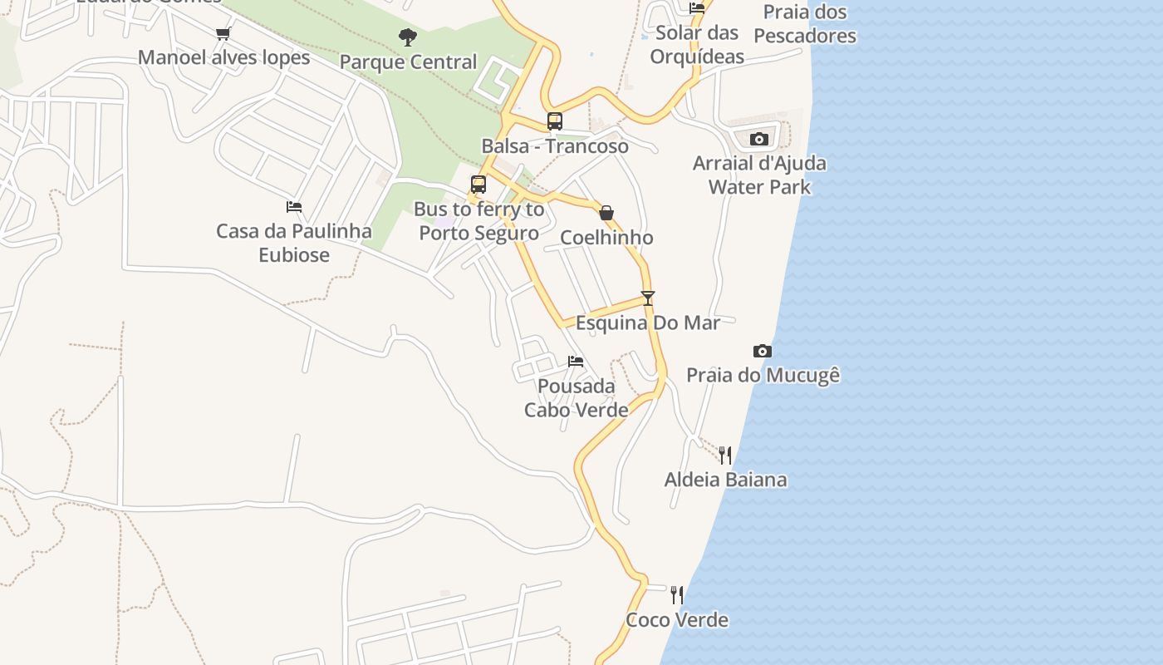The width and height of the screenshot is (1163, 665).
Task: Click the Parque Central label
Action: click(x=408, y=62)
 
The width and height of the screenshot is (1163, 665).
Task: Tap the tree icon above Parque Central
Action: click(x=407, y=37)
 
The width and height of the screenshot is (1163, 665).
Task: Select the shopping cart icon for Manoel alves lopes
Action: click(x=223, y=34)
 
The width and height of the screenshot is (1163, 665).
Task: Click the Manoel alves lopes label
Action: click(x=223, y=57)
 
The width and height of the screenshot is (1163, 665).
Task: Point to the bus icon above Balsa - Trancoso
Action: click(x=555, y=121)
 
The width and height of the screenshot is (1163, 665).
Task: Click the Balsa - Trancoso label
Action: click(x=555, y=146)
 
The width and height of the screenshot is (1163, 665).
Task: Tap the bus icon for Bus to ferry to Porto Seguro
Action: click(x=478, y=185)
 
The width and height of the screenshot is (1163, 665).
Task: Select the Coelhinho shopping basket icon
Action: click(x=606, y=213)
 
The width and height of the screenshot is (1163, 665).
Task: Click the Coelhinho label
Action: click(x=606, y=238)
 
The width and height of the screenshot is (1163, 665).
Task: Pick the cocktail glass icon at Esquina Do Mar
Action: click(x=648, y=298)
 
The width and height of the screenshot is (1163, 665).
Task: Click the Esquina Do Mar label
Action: click(x=647, y=323)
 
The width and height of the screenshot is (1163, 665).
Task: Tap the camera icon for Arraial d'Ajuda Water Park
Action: click(x=758, y=139)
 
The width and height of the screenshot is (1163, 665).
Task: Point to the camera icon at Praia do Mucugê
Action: click(x=762, y=351)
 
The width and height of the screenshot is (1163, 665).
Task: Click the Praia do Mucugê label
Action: click(x=763, y=376)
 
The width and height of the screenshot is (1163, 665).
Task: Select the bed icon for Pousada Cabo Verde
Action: click(x=576, y=362)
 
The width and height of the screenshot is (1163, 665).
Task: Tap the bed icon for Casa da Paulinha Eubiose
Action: click(x=294, y=207)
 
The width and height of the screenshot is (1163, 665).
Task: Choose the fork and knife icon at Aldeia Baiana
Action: click(x=725, y=455)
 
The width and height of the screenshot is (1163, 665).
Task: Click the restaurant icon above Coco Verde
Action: click(x=677, y=595)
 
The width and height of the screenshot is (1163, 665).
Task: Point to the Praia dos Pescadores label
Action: click(x=805, y=24)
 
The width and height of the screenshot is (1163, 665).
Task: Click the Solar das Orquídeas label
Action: click(x=697, y=45)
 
